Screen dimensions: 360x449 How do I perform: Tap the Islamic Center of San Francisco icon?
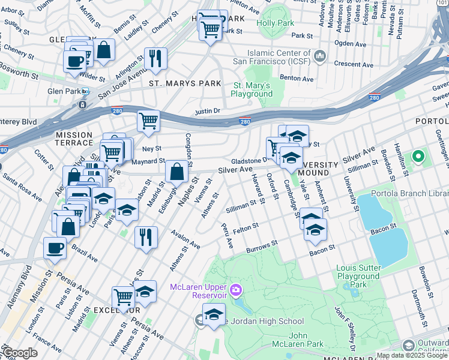pos(320,57)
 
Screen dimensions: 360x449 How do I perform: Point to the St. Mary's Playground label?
pos(252,89)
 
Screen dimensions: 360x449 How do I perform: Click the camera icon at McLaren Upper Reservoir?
pos(235,291)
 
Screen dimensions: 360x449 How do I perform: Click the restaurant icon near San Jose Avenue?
pos(155,58)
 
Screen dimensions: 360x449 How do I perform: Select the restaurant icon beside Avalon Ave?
pos(146,236)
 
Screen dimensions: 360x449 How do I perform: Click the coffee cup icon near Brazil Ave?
pos(55,247)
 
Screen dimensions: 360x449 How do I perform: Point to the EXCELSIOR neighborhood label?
pos(116,310)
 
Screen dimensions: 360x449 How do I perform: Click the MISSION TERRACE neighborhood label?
pos(74,139)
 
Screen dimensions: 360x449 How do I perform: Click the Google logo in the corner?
pos(20,353)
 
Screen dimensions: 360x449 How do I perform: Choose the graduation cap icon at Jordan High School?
pos(213,314)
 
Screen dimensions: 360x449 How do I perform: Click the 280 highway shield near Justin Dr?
pos(245,121)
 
